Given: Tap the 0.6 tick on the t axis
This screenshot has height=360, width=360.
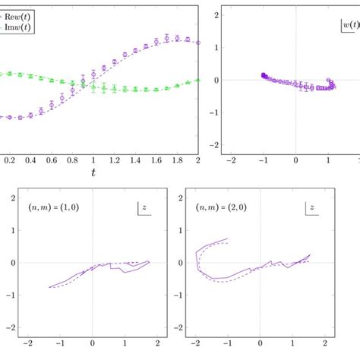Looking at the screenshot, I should [51, 161].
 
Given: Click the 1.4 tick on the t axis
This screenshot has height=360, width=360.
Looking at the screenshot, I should [135, 161].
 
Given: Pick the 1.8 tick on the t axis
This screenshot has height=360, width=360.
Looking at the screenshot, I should [177, 161].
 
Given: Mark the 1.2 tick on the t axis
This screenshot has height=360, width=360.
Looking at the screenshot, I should [114, 161].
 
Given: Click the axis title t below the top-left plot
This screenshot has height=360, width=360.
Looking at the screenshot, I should [93, 173].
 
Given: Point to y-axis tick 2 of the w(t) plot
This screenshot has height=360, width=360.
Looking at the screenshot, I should [217, 15].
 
